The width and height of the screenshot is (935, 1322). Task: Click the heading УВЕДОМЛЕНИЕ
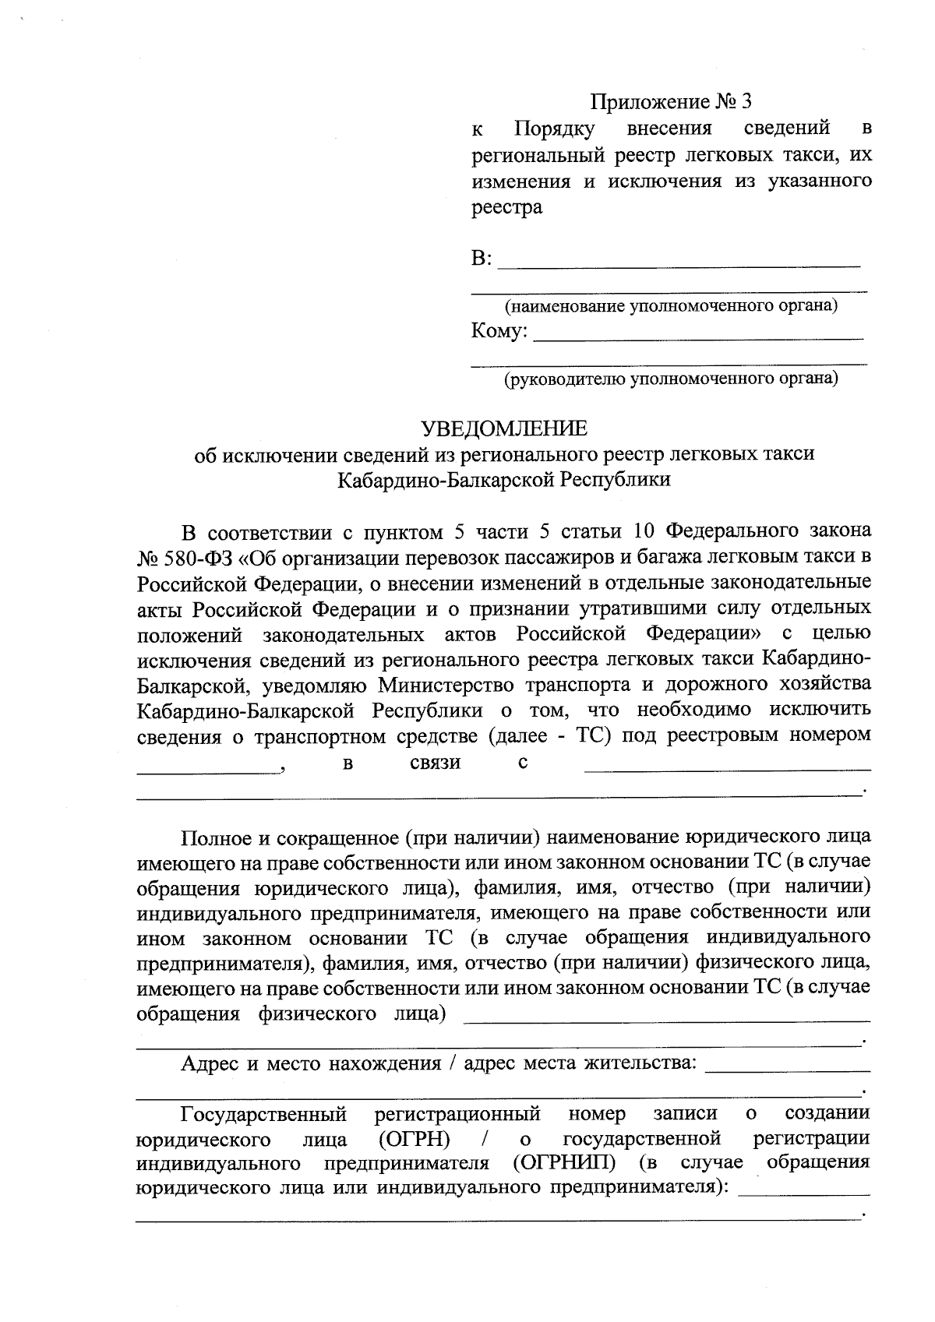(x=504, y=428)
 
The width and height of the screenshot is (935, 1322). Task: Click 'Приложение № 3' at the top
(x=672, y=102)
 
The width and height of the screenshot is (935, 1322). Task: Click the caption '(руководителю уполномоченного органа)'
(x=670, y=379)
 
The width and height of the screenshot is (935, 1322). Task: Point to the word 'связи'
(x=435, y=763)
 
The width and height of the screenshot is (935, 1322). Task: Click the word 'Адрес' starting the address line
(x=209, y=1064)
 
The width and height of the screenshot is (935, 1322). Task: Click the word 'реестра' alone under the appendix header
(x=506, y=208)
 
